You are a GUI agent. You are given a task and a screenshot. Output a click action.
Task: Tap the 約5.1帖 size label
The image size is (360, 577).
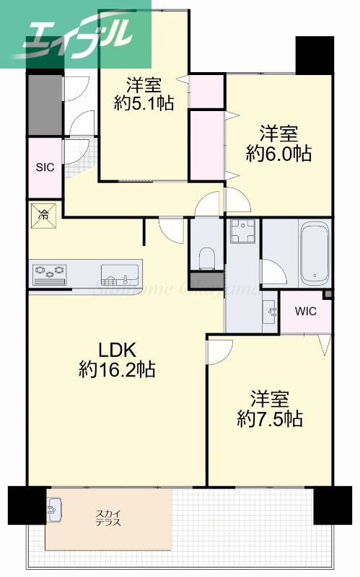pos(144,103)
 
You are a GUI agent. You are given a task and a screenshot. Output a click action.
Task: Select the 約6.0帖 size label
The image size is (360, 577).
pos(278,153)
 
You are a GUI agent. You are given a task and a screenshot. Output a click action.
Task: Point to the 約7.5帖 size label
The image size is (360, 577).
pos(270,418)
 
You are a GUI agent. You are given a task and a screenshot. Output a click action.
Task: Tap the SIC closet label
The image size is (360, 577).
pos(45,167)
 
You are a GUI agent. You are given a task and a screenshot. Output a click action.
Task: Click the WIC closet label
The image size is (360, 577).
pos(305,312)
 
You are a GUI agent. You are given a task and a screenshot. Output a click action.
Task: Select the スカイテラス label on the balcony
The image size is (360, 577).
pos(108,518)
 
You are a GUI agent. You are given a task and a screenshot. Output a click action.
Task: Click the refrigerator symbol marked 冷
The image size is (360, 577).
pos(43,214)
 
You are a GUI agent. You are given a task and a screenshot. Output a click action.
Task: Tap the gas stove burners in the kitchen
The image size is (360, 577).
pos(49,273)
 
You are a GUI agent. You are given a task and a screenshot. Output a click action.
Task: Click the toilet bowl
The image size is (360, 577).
pos(206,257)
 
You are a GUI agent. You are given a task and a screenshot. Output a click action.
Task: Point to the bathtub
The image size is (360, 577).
pos(315,253)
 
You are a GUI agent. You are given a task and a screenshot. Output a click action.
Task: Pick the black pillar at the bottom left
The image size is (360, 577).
pos(27,507)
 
